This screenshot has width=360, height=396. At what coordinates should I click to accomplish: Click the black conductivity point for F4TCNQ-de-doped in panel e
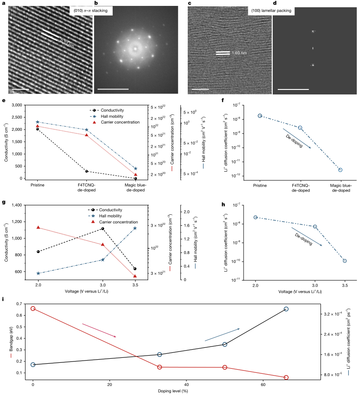[x=86, y=171]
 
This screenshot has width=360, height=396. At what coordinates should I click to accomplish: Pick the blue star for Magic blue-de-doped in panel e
[x=136, y=168]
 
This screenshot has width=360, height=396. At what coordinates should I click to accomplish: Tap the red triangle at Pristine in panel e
[x=37, y=126]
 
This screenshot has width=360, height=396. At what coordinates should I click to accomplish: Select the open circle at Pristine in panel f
[x=260, y=116]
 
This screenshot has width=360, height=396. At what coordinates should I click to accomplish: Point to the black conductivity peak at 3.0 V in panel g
[x=103, y=228]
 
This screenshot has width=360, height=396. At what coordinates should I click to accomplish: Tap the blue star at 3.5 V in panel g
[x=135, y=228]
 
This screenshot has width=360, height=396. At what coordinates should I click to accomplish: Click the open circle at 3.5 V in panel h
[x=345, y=261]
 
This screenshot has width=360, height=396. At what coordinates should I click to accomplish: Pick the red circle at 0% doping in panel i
[x=33, y=308]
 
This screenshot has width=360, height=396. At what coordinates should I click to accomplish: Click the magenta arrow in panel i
[x=99, y=330]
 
